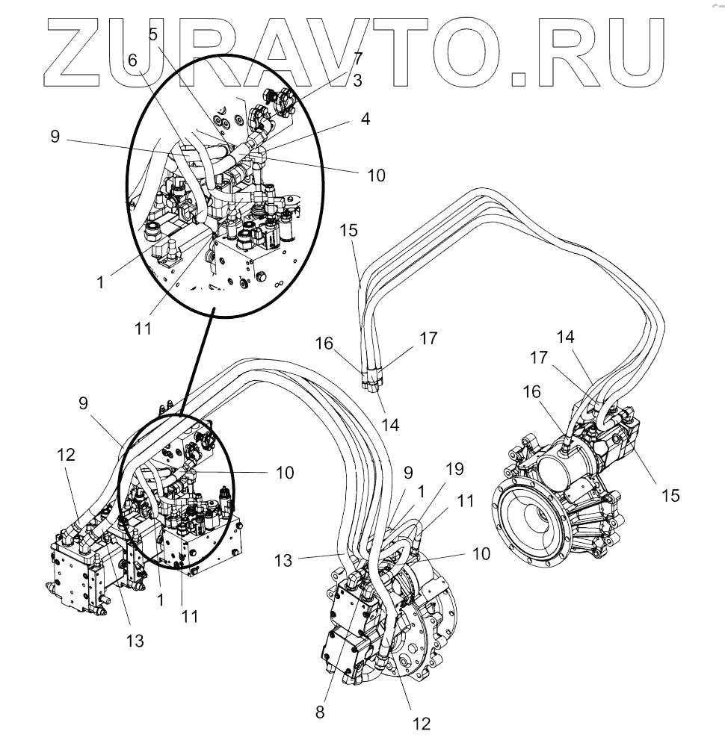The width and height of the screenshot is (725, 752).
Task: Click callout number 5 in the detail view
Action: point(153,34)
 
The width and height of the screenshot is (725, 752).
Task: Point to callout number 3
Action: point(357,80)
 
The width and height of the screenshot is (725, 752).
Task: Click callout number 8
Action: point(320,712)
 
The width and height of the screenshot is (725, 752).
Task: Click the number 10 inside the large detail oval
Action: point(377,175)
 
